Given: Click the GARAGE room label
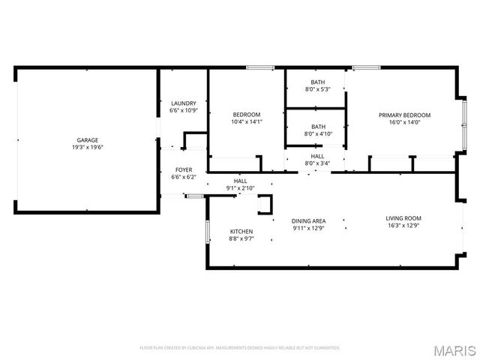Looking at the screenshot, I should tap(88, 139).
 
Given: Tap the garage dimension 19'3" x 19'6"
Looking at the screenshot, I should tap(88, 148).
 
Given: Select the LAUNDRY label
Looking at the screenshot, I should tap(184, 103).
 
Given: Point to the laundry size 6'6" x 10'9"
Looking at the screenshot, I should tap(184, 111).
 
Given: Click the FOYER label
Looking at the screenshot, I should tap(184, 169).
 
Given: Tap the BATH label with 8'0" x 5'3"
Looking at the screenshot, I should tap(318, 82).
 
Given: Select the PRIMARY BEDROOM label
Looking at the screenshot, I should tap(404, 115).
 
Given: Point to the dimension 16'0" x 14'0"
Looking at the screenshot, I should tap(404, 122).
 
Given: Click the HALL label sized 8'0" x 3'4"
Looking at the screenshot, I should tap(318, 156).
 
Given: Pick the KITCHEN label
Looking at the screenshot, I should tap(241, 231).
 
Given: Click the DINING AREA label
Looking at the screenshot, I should tap(308, 220).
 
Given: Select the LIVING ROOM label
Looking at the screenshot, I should tap(404, 218).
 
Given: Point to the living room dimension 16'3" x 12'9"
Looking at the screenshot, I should tap(404, 226).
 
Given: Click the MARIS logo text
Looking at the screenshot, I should tap(454, 349).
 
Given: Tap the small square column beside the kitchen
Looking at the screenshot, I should tap(265, 205).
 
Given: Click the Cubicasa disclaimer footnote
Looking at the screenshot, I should tap(240, 348).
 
